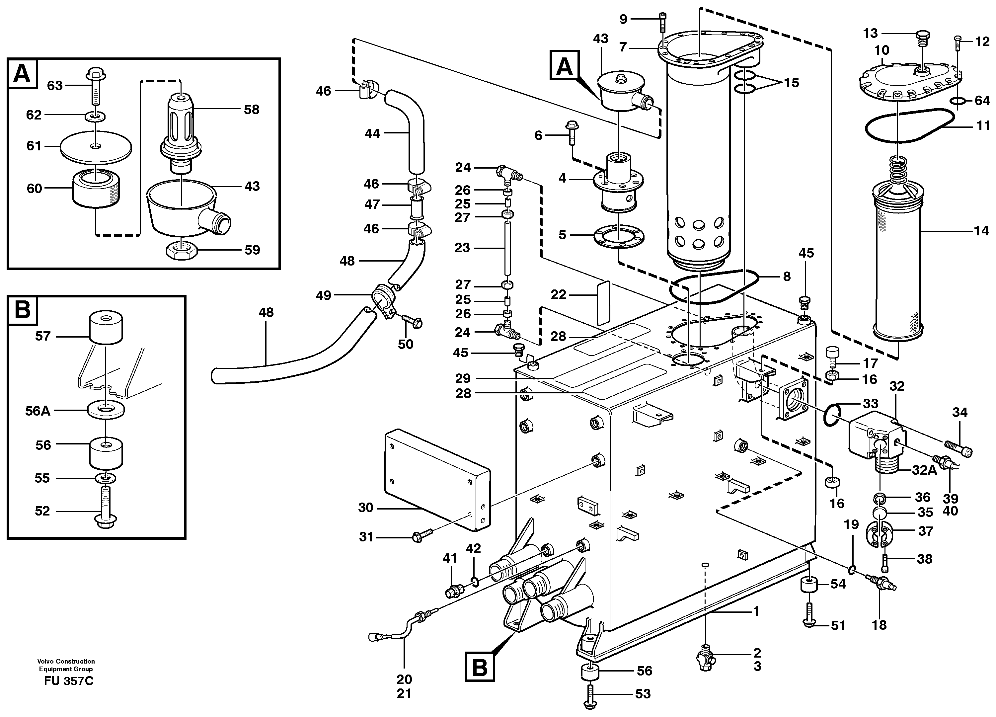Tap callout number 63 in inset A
pyautogui.click(x=54, y=85)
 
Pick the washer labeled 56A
pyautogui.click(x=106, y=410)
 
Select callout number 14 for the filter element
pyautogui.click(x=981, y=230)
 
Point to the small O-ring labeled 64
pyautogui.click(x=957, y=102)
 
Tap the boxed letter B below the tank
pyautogui.click(x=480, y=668)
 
